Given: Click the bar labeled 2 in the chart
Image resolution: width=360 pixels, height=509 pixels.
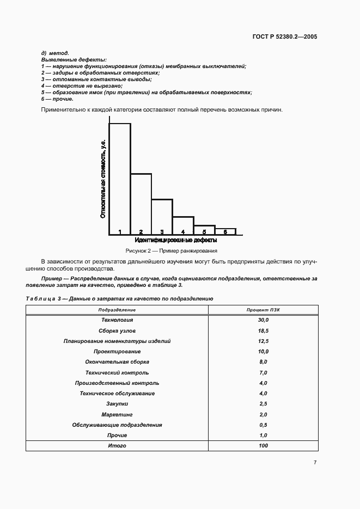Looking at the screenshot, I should click(x=141, y=204).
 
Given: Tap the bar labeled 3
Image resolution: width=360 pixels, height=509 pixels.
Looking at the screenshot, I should click(x=162, y=217).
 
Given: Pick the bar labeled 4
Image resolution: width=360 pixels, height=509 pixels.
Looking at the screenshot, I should click(x=183, y=225).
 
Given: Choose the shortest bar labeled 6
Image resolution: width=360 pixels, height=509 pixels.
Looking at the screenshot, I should click(x=225, y=231).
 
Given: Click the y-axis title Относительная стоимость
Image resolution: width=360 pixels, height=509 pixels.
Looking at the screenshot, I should click(x=102, y=179).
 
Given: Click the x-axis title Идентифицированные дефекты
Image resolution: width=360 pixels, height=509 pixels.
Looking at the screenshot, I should click(x=175, y=240).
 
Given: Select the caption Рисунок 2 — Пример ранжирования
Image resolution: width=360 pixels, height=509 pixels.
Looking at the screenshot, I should click(x=171, y=251).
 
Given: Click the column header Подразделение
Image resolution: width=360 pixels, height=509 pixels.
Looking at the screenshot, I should click(x=117, y=310).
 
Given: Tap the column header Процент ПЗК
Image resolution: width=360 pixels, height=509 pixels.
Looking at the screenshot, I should click(x=263, y=310).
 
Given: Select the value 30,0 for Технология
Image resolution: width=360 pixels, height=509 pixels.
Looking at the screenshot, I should click(x=263, y=320).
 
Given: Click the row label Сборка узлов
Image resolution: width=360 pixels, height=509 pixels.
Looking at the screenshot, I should click(x=117, y=330).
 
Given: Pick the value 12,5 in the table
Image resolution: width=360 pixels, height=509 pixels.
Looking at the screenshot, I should click(x=263, y=341).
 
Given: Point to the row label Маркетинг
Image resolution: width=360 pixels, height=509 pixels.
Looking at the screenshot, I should click(x=117, y=414).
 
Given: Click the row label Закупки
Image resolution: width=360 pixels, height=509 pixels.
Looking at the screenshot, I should click(x=117, y=404).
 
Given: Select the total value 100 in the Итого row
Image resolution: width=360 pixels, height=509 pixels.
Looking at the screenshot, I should click(x=263, y=446).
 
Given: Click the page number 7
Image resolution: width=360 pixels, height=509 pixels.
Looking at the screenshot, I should click(x=315, y=463).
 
